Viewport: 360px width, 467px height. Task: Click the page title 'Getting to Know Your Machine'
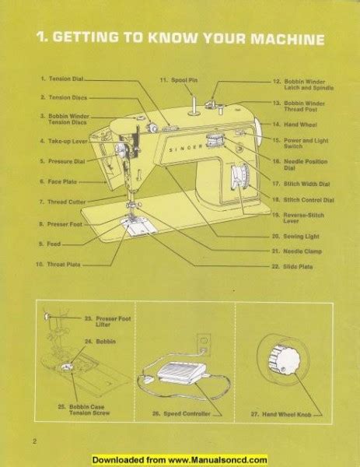coord(180,39)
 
